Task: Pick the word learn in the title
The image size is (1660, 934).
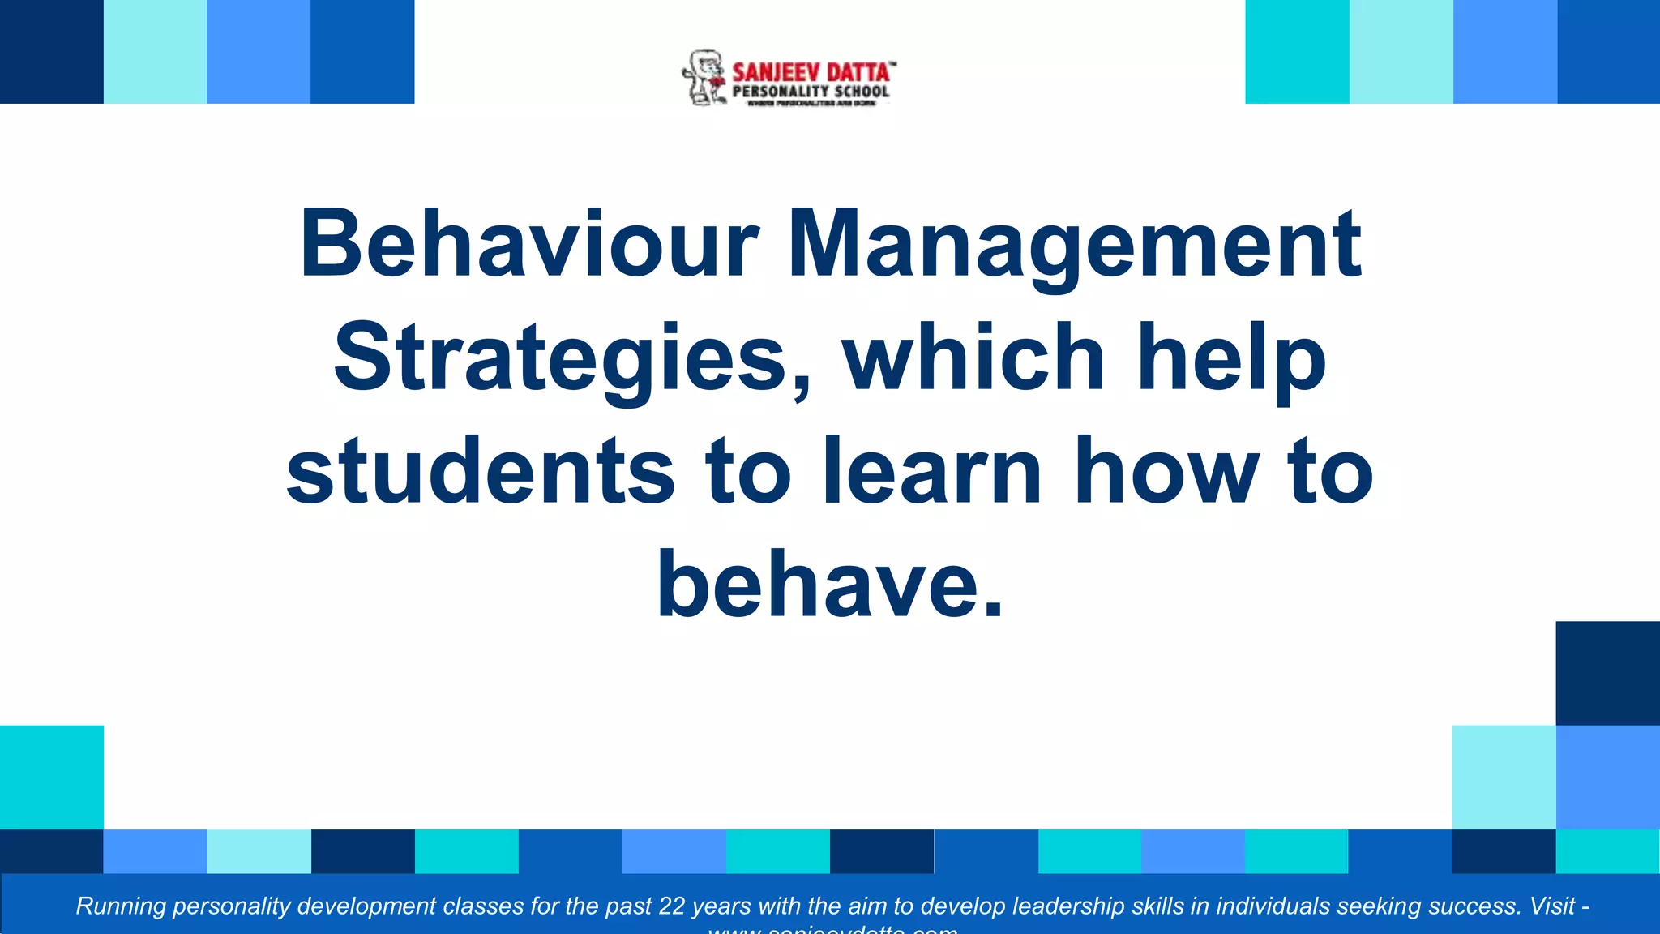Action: (x=932, y=470)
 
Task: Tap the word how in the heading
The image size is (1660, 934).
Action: (x=1166, y=470)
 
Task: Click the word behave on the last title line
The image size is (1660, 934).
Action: (x=819, y=584)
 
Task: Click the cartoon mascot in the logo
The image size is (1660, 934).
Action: (x=704, y=78)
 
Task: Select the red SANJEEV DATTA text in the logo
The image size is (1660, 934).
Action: (x=811, y=72)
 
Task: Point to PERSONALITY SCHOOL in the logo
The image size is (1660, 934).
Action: (x=811, y=92)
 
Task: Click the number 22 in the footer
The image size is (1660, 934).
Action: (x=672, y=906)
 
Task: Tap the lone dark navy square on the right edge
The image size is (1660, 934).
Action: (x=1607, y=673)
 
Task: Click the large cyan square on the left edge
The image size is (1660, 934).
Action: (x=52, y=777)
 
